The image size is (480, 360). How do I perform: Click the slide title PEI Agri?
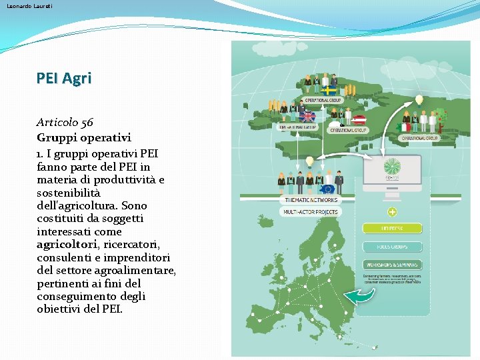(64, 78)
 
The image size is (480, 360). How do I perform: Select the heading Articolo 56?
(65, 123)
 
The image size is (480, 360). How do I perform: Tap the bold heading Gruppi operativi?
(84, 137)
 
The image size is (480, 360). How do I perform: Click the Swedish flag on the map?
(329, 91)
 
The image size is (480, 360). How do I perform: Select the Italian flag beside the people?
(404, 127)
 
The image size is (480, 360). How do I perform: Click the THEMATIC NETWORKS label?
(311, 199)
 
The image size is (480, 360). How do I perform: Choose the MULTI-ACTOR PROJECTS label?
(311, 212)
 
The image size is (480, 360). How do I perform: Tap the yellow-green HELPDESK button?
(392, 229)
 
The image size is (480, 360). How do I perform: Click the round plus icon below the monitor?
(392, 212)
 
